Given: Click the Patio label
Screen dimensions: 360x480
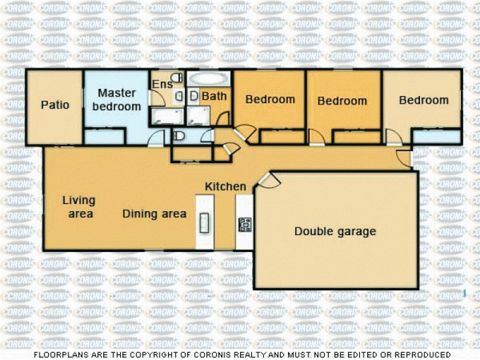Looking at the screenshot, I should [55, 105].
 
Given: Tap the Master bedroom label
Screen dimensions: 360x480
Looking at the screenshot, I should [119, 100].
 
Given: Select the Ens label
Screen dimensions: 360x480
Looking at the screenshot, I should [161, 85].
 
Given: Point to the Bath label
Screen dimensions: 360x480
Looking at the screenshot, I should [213, 96].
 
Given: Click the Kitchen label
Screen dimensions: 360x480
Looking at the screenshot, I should [226, 187].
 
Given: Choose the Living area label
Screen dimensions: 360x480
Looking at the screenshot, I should [78, 207].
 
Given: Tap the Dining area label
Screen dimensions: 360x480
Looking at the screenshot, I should [155, 214].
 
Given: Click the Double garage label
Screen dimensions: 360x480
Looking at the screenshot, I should [335, 232].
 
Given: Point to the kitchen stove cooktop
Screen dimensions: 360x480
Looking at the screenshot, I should [245, 224].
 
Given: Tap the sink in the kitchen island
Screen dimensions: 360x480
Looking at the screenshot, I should [204, 223].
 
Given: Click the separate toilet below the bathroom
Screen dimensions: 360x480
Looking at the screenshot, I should [178, 136].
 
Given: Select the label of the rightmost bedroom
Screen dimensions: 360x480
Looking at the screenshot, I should [424, 100].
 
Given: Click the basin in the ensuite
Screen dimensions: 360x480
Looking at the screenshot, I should [179, 96].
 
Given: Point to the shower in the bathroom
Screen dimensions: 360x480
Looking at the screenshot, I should [197, 116].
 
